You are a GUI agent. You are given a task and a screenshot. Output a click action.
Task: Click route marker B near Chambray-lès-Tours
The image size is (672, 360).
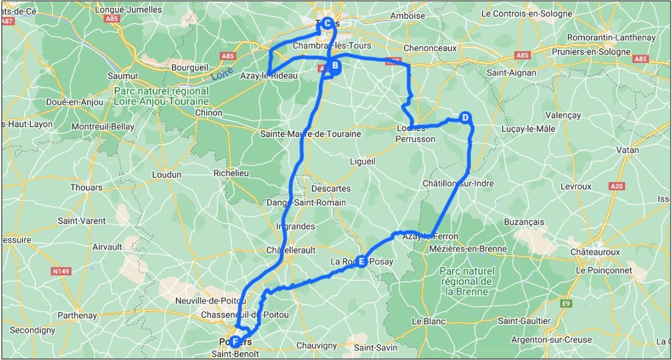(334, 65)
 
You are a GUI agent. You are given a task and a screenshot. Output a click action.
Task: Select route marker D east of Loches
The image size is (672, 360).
(464, 118)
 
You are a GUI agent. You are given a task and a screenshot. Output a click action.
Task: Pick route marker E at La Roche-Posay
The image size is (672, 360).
(362, 262)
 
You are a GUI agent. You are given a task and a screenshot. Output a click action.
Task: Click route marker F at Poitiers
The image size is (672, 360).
(234, 341)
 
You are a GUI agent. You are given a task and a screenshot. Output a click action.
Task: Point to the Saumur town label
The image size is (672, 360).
(122, 76)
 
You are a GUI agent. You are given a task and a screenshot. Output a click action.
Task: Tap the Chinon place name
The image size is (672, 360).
(209, 113)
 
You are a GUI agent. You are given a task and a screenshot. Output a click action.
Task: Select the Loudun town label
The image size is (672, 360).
(166, 174)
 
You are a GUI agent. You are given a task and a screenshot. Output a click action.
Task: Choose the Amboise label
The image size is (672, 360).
(407, 16)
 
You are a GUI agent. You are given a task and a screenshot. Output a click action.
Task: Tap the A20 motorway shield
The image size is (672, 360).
(616, 187)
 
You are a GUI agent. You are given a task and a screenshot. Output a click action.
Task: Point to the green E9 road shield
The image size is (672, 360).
(565, 304)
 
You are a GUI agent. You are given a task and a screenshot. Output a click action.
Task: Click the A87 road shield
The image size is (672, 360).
(8, 21)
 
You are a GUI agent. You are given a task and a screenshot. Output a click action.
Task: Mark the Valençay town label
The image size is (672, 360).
(563, 115)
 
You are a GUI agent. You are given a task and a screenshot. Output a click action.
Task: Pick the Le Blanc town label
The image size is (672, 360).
(428, 321)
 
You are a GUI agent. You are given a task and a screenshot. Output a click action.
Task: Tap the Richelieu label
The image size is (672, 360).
(231, 173)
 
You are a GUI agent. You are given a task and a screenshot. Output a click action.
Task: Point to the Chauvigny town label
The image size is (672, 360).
(316, 346)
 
